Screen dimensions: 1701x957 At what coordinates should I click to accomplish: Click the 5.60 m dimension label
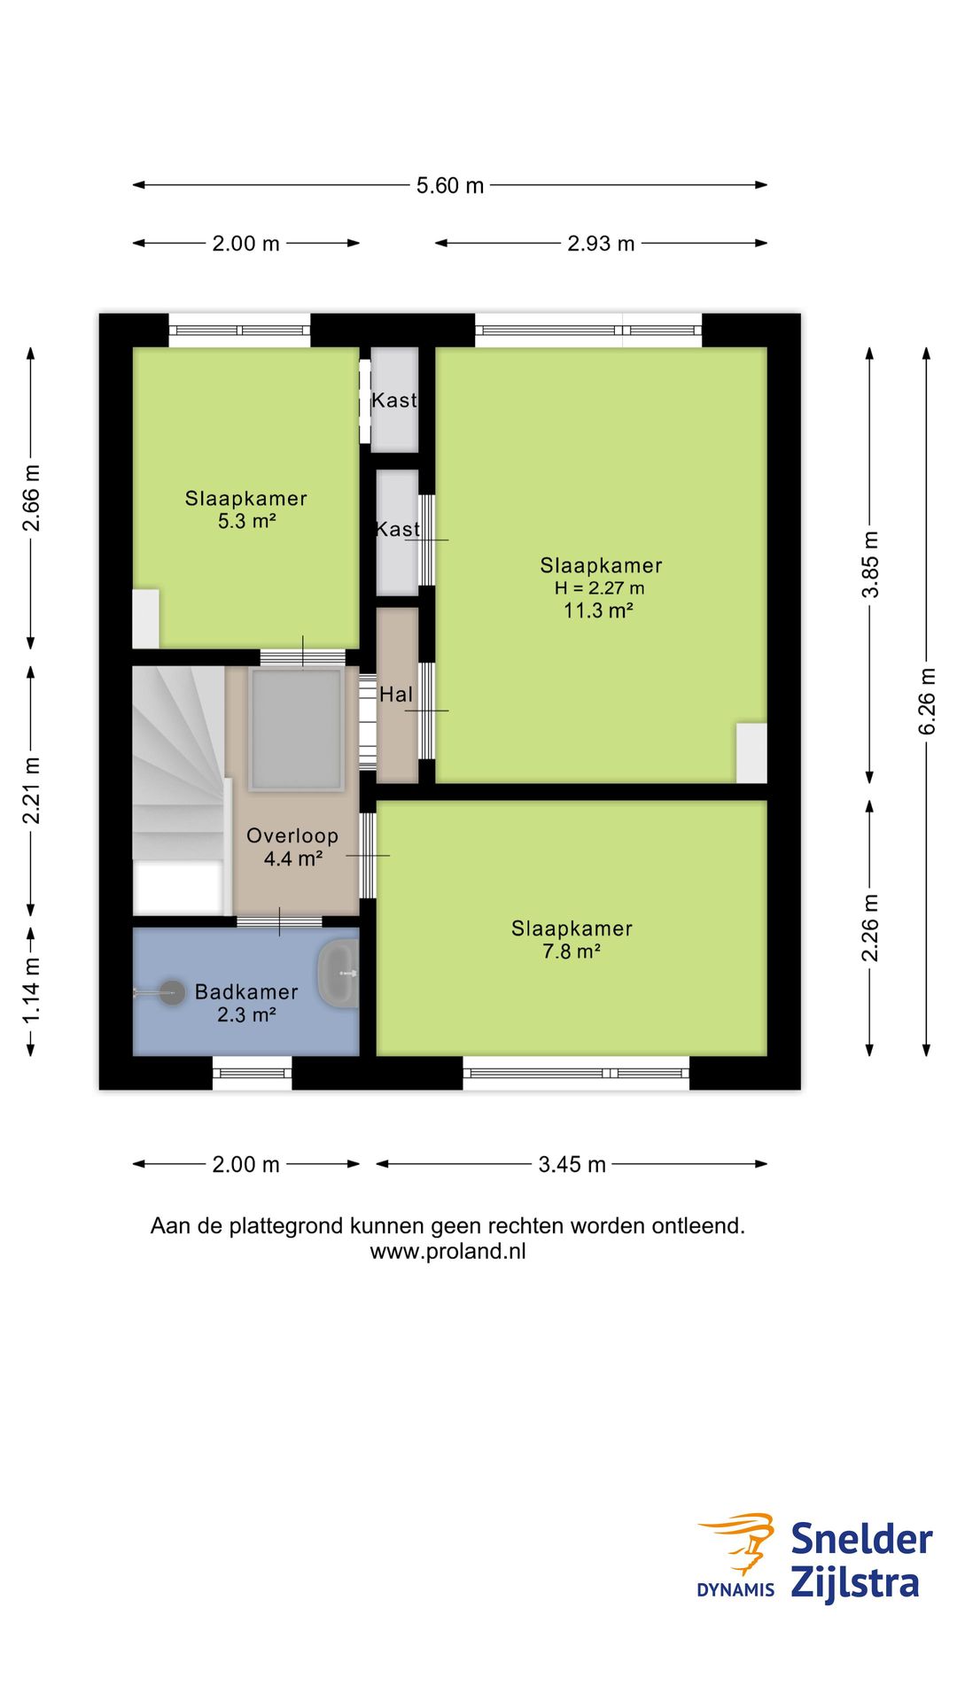pyautogui.click(x=450, y=186)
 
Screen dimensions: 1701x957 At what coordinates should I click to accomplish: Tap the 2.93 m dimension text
pyautogui.click(x=601, y=244)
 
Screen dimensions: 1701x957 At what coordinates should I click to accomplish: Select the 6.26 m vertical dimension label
pyautogui.click(x=926, y=701)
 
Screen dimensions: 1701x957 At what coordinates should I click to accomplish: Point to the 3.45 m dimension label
pyautogui.click(x=572, y=1164)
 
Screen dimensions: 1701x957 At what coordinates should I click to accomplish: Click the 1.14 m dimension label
pyautogui.click(x=31, y=990)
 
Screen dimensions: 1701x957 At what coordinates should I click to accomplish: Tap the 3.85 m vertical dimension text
pyautogui.click(x=870, y=564)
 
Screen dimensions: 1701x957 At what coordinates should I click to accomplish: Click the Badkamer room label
pyautogui.click(x=246, y=992)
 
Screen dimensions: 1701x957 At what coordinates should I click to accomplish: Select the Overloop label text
pyautogui.click(x=292, y=835)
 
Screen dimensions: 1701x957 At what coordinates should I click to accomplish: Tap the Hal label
pyautogui.click(x=396, y=695)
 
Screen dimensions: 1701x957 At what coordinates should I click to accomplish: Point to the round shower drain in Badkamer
pyautogui.click(x=172, y=993)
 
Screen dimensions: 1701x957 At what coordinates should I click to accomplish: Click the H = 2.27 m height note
pyautogui.click(x=600, y=588)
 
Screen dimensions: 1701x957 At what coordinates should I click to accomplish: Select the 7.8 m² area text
pyautogui.click(x=572, y=951)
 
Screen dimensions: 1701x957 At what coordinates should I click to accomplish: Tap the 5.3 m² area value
pyautogui.click(x=246, y=522)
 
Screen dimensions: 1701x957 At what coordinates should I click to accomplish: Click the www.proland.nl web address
pyautogui.click(x=447, y=1251)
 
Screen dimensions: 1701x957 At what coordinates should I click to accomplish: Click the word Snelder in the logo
pyautogui.click(x=861, y=1540)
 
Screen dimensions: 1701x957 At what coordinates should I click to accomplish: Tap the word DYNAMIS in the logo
pyautogui.click(x=735, y=1589)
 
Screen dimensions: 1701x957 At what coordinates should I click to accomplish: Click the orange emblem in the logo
pyautogui.click(x=740, y=1542)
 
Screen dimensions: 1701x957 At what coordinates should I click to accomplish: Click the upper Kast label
pyautogui.click(x=394, y=400)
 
